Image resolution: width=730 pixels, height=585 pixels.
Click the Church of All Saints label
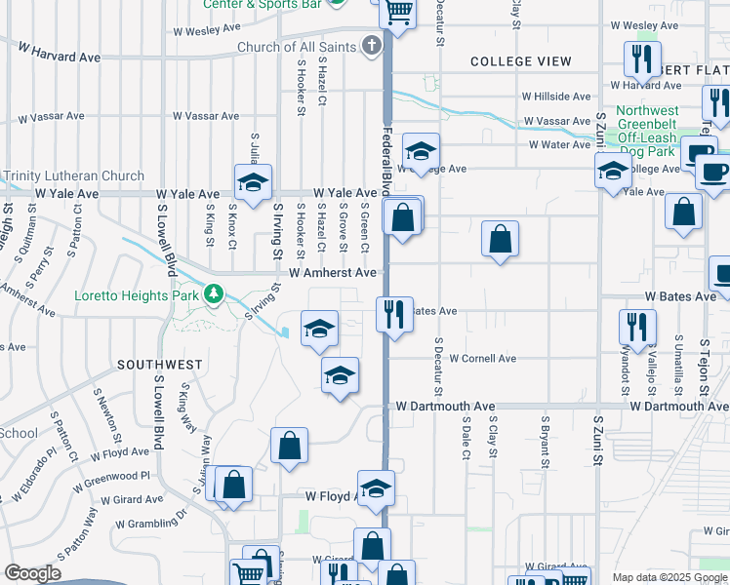(297, 47)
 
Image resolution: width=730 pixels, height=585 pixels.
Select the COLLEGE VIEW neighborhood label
(520, 61)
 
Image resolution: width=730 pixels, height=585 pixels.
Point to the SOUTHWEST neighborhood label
(159, 365)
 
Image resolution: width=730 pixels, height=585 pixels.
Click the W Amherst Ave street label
(332, 273)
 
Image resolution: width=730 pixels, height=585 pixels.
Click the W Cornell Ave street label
(482, 359)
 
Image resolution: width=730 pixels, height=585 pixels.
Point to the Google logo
(32, 573)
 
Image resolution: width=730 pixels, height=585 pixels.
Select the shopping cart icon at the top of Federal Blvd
(398, 13)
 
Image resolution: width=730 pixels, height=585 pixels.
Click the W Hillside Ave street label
(556, 97)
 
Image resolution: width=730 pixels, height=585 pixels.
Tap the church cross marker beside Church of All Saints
(372, 46)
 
